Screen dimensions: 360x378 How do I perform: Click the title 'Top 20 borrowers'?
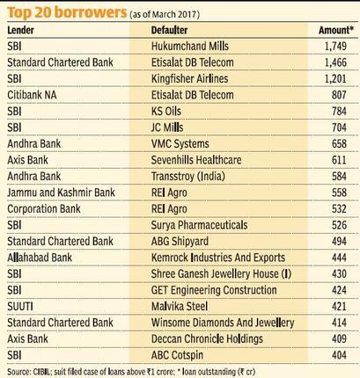67,12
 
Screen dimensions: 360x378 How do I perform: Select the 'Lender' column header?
20,30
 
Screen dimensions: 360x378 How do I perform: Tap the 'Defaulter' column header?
169,30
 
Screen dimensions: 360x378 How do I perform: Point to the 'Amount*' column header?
336,30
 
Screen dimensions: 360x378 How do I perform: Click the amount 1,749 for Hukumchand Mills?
335,47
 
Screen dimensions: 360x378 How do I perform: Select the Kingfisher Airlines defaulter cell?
189,78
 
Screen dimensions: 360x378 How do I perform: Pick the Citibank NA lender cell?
32,95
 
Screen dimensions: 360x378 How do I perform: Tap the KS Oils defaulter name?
166,111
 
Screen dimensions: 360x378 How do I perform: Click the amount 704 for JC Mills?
339,127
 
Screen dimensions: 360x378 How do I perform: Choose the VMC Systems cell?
180,143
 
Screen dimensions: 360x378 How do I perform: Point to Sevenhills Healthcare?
196,160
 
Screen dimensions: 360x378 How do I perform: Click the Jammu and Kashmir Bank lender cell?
61,193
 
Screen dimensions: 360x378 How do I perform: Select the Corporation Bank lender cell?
44,208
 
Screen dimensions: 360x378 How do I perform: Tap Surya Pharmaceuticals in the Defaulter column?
199,225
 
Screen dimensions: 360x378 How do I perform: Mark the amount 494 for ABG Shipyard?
339,241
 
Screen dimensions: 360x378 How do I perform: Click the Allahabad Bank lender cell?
40,258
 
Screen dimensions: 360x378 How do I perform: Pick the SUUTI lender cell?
20,307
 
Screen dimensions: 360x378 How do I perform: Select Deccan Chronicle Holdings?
207,339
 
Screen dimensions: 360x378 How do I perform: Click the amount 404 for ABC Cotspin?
339,355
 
